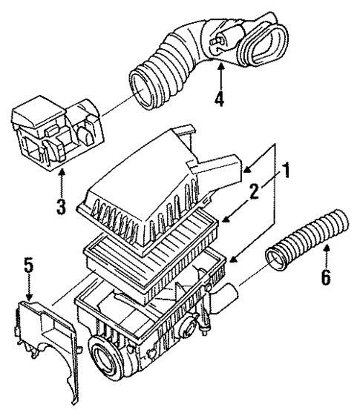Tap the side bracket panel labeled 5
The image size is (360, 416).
point(45,334)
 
